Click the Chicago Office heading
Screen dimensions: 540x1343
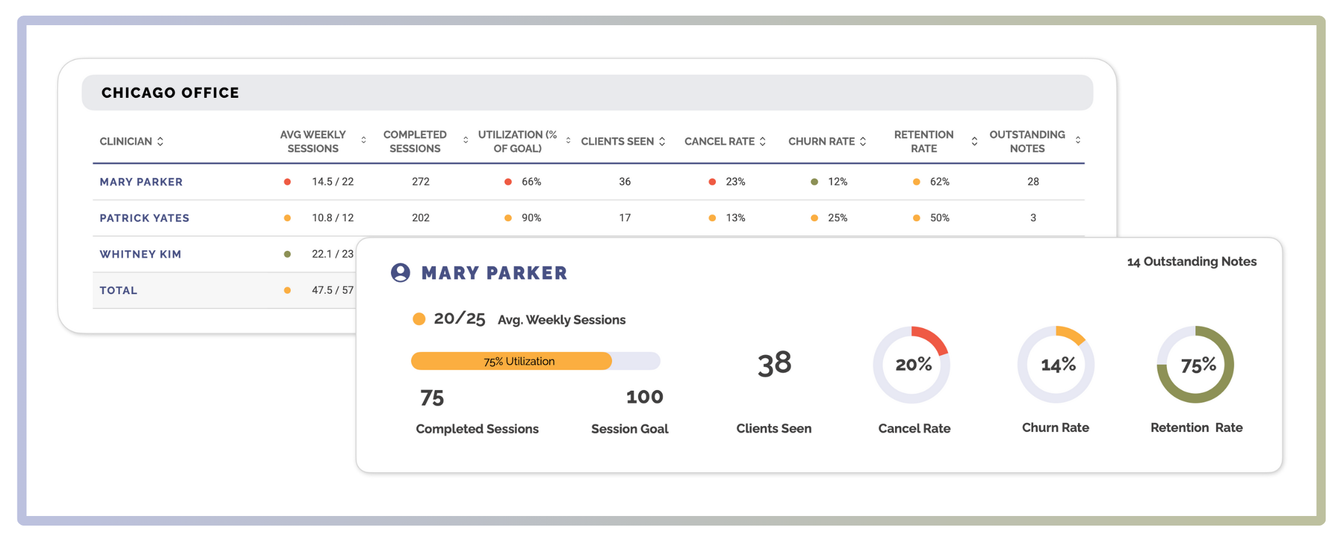point(170,93)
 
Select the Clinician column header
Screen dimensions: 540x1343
point(126,142)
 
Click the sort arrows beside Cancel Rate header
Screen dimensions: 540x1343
point(763,142)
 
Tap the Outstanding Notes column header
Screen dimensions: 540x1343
point(1027,142)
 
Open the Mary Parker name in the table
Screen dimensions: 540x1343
point(141,182)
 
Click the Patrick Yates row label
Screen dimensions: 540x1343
point(144,218)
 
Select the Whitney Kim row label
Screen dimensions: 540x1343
point(140,254)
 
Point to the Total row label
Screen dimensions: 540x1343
point(119,290)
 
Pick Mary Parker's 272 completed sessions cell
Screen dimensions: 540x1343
point(420,182)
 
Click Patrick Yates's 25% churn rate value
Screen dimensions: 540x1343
point(837,218)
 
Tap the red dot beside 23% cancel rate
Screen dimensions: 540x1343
point(712,182)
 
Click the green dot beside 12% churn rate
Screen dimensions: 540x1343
point(814,182)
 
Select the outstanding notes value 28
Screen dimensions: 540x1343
point(1032,182)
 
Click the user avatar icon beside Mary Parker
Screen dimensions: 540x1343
point(401,272)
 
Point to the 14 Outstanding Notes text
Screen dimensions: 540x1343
point(1191,262)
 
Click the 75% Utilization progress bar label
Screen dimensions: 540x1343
point(519,361)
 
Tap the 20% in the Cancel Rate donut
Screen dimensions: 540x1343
point(913,365)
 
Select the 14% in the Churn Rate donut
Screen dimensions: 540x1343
point(1058,365)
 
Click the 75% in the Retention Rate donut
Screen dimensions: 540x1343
point(1198,365)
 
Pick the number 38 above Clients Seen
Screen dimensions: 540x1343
point(774,364)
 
